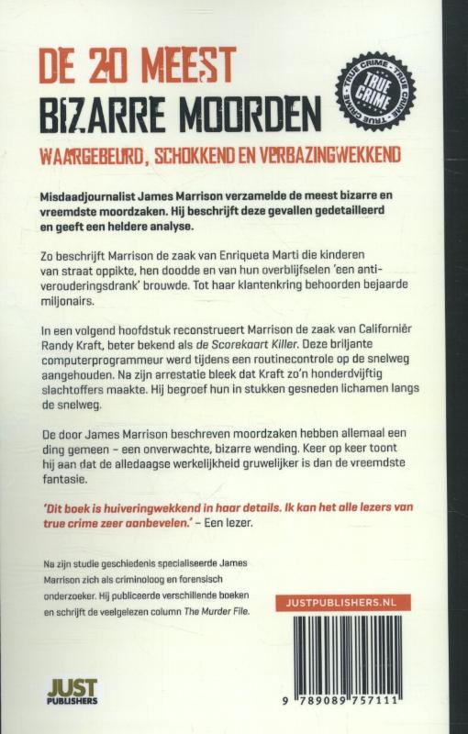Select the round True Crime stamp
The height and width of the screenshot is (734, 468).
pos(375,93)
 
